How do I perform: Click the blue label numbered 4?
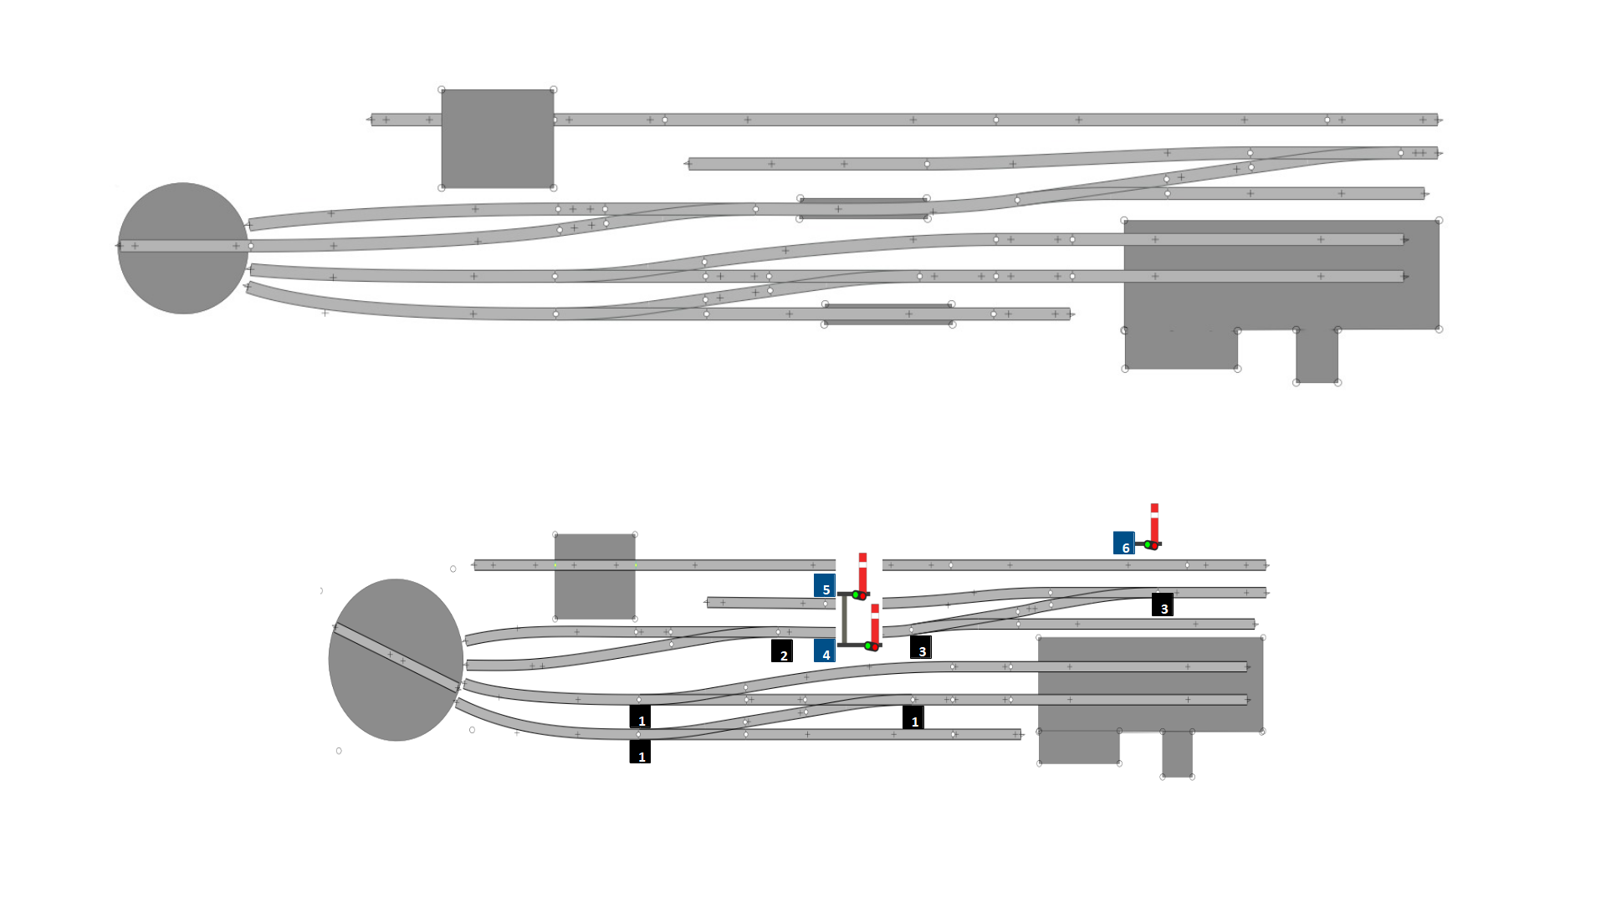coord(825,650)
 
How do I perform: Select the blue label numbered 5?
coord(825,585)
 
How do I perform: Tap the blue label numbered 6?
coord(1123,543)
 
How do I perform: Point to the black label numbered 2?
coord(782,650)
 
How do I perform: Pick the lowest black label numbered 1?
coord(640,752)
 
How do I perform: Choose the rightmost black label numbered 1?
coord(913,717)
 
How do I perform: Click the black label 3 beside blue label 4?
coord(921,647)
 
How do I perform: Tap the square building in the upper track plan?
coord(498,139)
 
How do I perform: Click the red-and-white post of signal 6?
coord(1154,523)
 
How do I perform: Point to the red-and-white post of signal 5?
coord(862,571)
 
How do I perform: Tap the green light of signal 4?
coord(868,645)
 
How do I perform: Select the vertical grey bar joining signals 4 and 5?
coord(844,620)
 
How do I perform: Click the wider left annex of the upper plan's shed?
coord(1180,349)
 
